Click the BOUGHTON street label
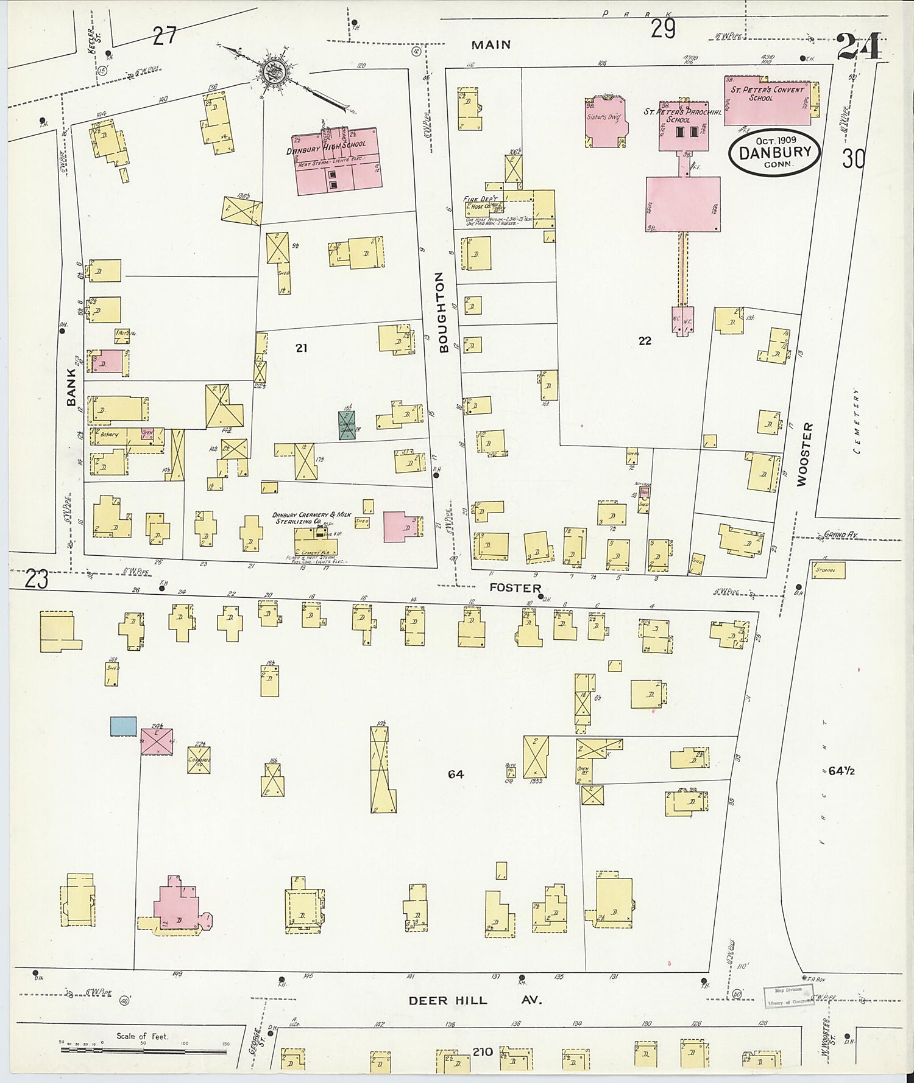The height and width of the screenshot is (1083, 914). point(443,312)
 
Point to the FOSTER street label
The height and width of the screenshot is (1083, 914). point(515,588)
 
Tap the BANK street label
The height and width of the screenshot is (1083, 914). point(72,387)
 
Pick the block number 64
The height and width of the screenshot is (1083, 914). point(456,774)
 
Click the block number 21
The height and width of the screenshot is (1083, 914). point(301,348)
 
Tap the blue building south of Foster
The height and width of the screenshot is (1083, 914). point(123,726)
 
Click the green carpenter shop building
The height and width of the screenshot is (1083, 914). point(347,425)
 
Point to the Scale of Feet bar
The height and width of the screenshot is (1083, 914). point(143,1051)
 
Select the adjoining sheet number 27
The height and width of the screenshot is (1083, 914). point(165,37)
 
